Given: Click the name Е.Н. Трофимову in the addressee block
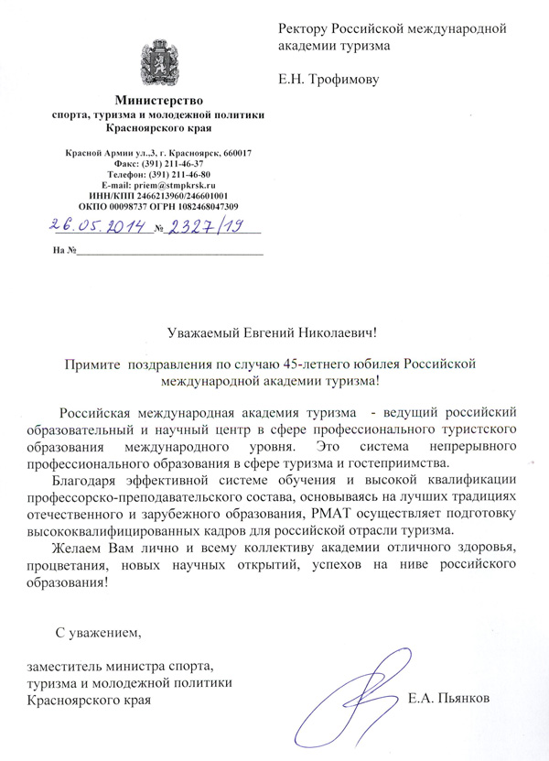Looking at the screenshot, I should [328, 79].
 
